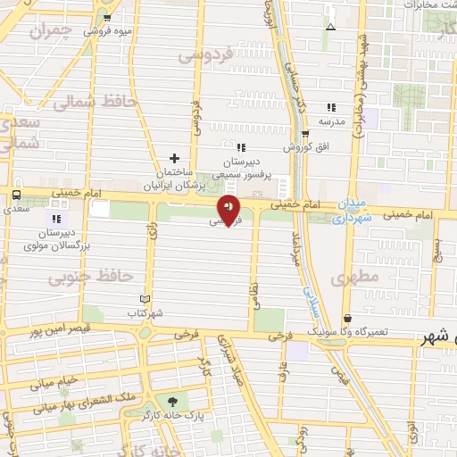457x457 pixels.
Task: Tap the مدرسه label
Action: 331,120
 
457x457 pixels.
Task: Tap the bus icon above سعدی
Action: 16,195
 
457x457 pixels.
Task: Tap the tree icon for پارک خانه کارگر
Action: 171,402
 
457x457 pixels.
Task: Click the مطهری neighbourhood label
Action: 355,278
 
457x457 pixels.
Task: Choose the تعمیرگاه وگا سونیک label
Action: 374,331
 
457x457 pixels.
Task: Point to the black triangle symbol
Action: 331,26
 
